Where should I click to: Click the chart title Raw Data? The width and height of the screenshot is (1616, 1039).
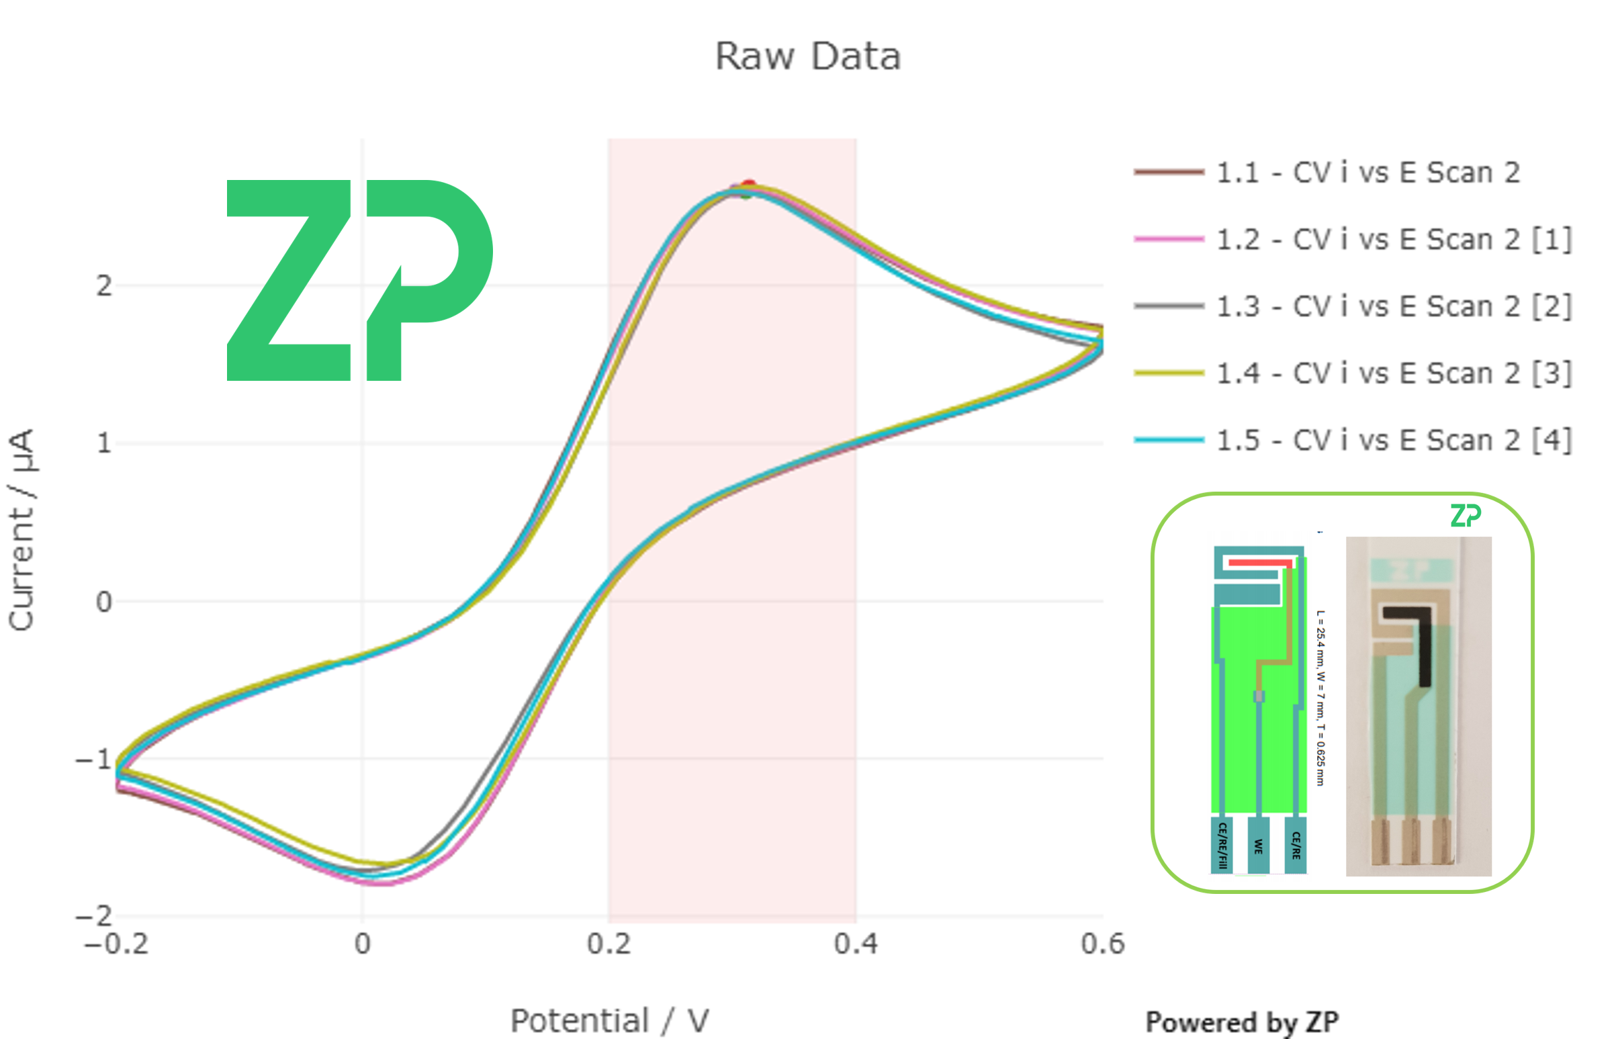click(807, 56)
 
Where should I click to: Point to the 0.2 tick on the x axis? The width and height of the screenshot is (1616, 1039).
click(609, 944)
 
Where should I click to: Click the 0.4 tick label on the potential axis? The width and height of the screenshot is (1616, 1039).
click(856, 944)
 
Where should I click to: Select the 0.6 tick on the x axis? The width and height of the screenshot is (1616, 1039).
click(1102, 944)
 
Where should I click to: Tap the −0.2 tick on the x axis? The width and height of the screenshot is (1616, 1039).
click(116, 944)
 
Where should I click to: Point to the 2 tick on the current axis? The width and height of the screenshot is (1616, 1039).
click(103, 286)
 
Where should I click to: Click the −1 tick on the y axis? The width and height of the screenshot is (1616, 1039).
click(95, 760)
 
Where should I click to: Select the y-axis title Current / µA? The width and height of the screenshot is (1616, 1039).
click(21, 531)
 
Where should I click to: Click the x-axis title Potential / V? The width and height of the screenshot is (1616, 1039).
click(609, 1020)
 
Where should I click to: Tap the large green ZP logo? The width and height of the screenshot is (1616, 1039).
click(359, 281)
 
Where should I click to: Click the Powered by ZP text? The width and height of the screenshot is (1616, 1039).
click(1241, 1022)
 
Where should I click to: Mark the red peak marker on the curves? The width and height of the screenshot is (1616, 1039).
click(748, 184)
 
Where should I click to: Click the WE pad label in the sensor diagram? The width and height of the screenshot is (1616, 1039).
click(1258, 846)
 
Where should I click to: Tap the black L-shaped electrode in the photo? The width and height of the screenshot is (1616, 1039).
click(1424, 641)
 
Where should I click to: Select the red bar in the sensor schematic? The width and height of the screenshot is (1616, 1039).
click(1259, 563)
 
